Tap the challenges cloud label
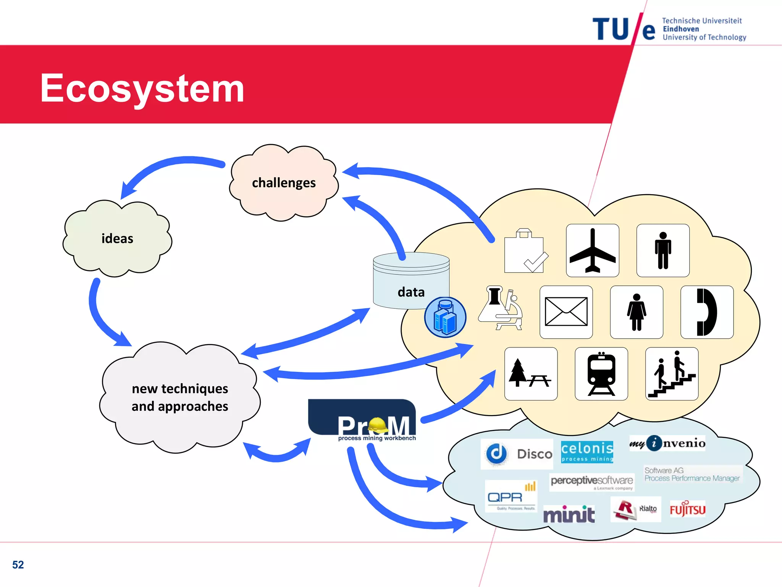[x=284, y=183]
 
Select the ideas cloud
[x=117, y=238]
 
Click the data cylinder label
[x=411, y=292]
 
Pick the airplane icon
[x=592, y=250]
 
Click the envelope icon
[x=566, y=312]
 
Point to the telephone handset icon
[x=706, y=312]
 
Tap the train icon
[x=601, y=374]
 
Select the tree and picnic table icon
[x=530, y=374]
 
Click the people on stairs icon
[x=672, y=374]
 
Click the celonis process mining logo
[x=587, y=452]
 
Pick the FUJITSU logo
[x=687, y=509]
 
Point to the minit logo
[x=569, y=514]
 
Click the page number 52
[x=18, y=564]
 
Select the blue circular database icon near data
[x=445, y=317]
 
